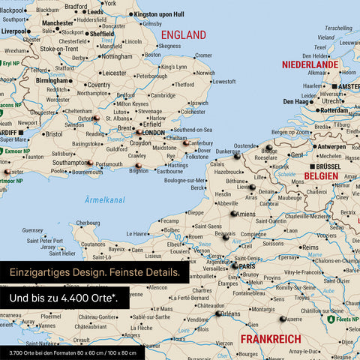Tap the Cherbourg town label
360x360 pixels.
[x=88, y=223]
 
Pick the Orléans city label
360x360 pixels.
[x=231, y=314]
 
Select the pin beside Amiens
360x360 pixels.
[x=233, y=213]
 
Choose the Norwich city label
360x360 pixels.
[x=204, y=73]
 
